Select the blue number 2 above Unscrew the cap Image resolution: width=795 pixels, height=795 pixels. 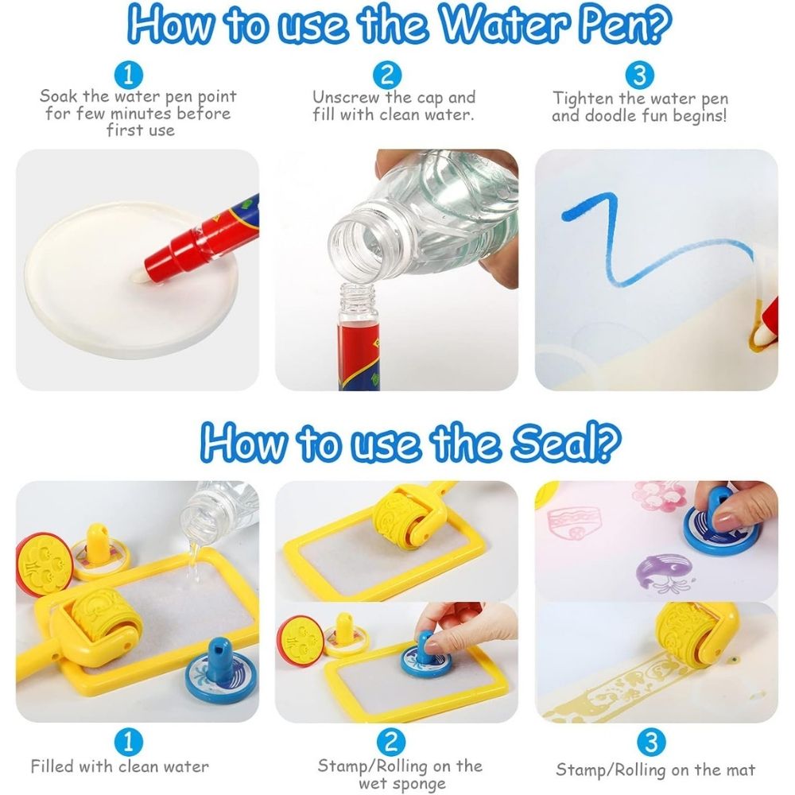tap(387, 75)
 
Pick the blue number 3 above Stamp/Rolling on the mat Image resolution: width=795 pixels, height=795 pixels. tap(650, 743)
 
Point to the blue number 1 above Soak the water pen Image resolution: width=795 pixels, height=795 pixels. tap(128, 75)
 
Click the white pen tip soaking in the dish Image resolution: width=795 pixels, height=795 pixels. tap(141, 276)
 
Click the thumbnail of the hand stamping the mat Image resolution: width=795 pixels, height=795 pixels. tap(656, 540)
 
